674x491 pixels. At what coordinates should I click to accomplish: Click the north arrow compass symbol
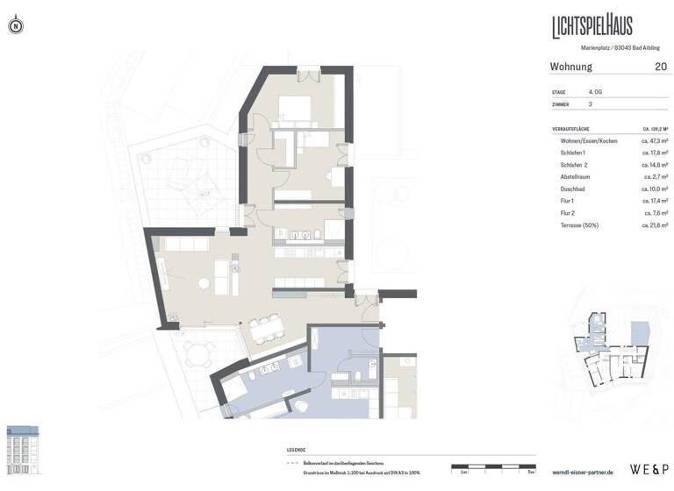15,27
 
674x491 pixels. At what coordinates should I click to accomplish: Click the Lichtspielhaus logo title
592,25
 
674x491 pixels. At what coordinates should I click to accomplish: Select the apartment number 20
660,67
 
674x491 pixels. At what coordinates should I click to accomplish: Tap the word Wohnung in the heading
570,67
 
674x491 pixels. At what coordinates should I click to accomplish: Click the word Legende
297,450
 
